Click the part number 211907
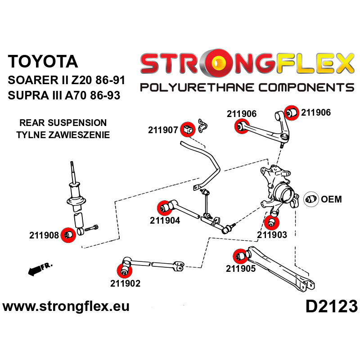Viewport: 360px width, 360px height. tap(163, 130)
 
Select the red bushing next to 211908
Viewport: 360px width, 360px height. tap(68, 235)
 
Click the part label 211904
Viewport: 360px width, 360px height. tap(165, 220)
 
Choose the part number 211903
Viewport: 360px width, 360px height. tap(272, 234)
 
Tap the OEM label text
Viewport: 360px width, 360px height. tap(332, 199)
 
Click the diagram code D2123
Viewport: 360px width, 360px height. tap(331, 307)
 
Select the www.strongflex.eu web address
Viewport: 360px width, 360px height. tap(66, 307)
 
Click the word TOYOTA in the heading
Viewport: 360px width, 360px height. tap(43, 62)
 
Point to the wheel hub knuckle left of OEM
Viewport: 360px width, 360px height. tap(279, 189)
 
